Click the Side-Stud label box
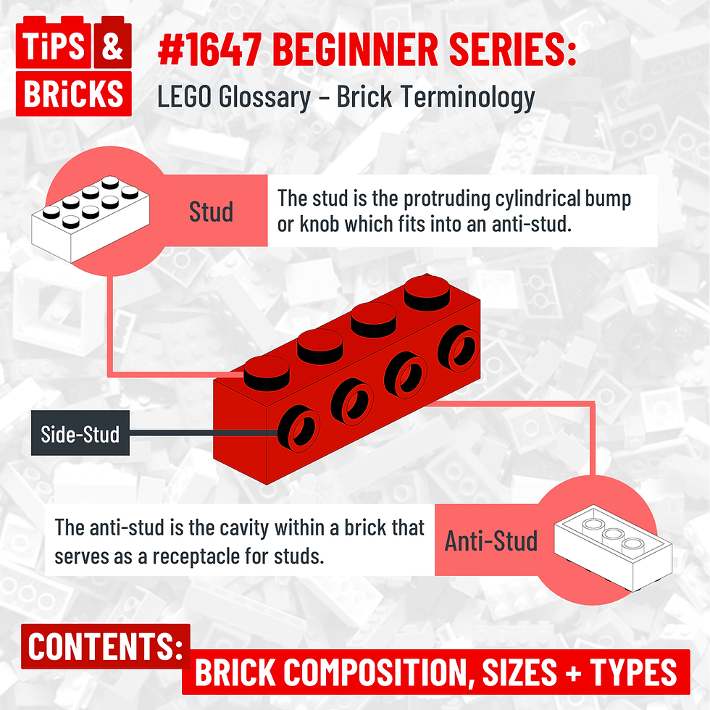[x=80, y=435]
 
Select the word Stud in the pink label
[x=211, y=212]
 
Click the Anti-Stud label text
[x=491, y=540]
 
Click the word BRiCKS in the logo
[x=75, y=93]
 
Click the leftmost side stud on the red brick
[x=297, y=431]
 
